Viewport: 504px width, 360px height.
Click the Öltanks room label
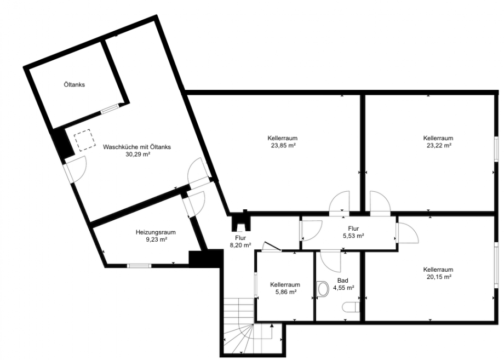click(75, 85)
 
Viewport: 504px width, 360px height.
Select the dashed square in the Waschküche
click(85, 140)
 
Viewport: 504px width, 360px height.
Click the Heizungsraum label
click(156, 232)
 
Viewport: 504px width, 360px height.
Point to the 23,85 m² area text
click(283, 145)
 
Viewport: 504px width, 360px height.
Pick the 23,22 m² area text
click(438, 145)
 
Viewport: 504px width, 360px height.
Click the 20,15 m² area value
click(438, 277)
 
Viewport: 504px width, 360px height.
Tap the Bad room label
click(342, 281)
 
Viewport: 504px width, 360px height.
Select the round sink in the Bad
click(322, 289)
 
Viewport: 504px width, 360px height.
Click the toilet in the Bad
click(351, 307)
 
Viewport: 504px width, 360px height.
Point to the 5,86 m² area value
click(285, 292)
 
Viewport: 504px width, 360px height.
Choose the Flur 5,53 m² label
click(353, 232)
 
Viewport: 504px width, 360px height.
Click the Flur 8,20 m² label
click(240, 242)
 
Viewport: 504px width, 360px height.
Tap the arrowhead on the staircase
click(272, 326)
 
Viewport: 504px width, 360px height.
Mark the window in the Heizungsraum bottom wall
click(139, 266)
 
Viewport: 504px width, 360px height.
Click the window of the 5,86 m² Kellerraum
click(256, 285)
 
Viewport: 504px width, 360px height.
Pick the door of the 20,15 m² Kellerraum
click(408, 232)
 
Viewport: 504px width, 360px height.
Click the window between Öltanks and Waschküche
click(110, 108)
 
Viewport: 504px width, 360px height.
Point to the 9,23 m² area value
click(156, 239)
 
